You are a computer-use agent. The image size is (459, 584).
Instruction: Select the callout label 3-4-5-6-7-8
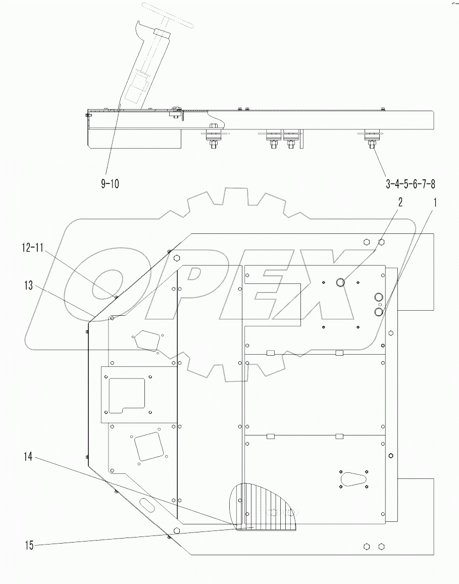click(x=410, y=184)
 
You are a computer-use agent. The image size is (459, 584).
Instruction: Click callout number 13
click(x=28, y=286)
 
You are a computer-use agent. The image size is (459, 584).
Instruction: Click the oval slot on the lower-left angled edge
click(x=146, y=503)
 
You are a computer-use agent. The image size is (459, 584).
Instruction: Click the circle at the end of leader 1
click(x=379, y=313)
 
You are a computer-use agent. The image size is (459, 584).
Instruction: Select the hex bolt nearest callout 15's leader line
click(x=176, y=531)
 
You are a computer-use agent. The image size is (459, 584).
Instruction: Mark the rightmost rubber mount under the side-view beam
click(x=371, y=136)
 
